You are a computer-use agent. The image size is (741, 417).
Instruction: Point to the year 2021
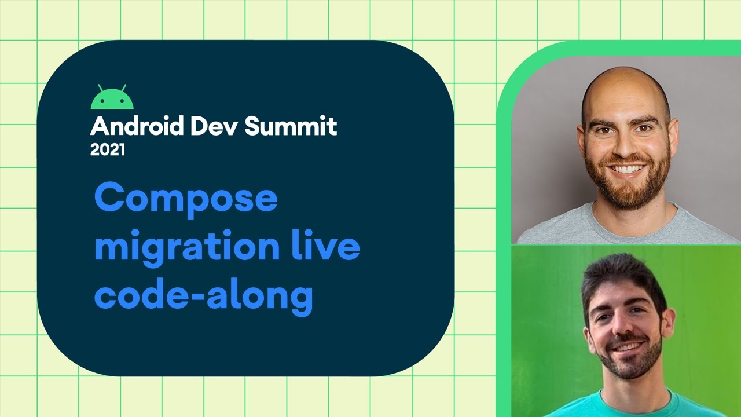(108, 150)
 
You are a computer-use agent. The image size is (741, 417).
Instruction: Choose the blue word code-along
(203, 295)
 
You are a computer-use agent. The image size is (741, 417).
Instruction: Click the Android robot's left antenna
(100, 87)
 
